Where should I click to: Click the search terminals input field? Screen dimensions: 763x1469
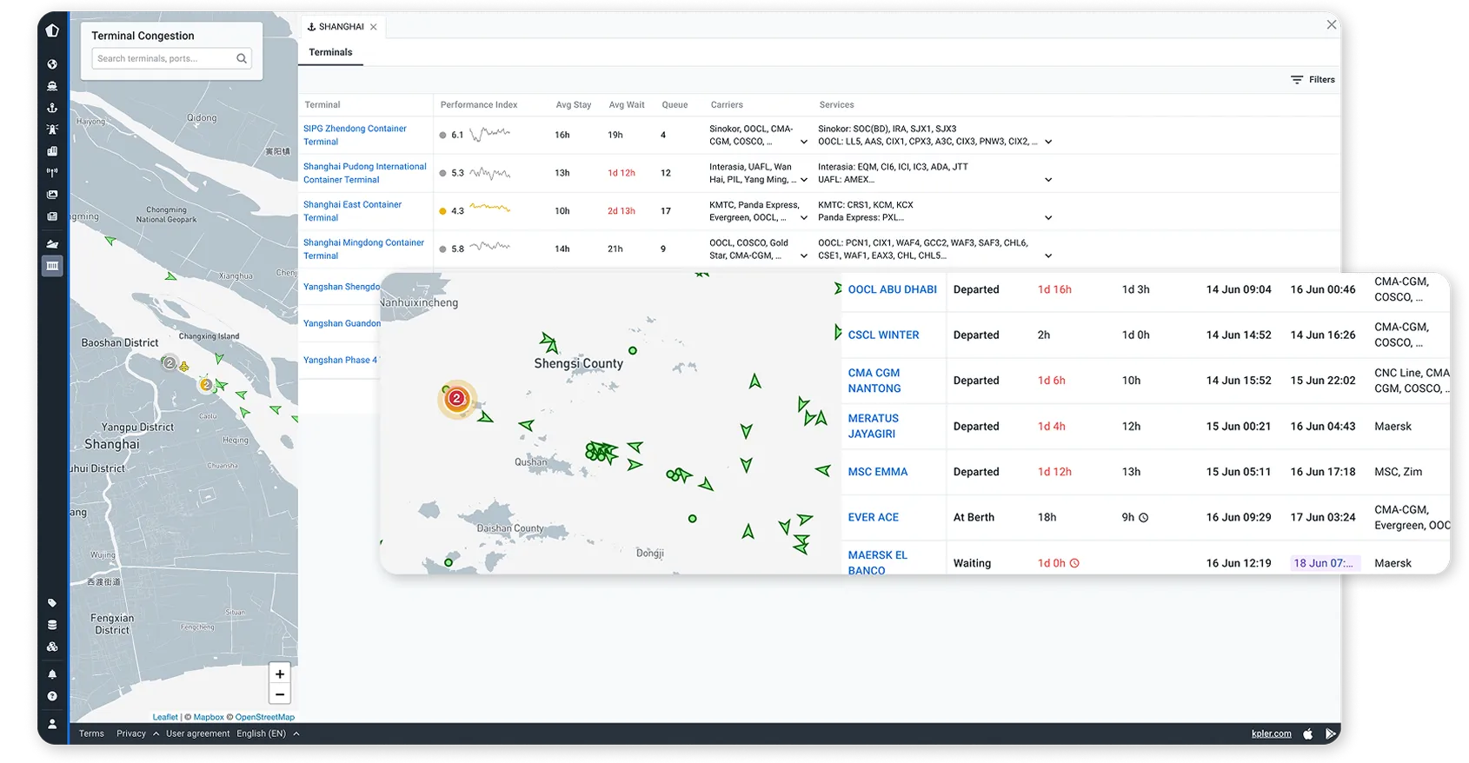coord(163,59)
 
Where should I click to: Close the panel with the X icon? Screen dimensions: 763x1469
coord(1331,25)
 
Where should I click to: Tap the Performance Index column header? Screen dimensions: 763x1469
coord(478,105)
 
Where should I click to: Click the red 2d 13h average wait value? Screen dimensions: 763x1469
coord(621,211)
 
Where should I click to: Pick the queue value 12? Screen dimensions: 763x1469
coord(666,173)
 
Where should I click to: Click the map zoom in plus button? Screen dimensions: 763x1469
coord(280,674)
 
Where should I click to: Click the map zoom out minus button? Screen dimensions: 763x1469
coord(280,694)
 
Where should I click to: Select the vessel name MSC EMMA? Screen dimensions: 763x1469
coord(877,472)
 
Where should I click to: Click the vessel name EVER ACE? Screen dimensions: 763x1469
coord(873,517)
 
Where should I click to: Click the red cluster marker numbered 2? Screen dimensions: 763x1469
coord(456,399)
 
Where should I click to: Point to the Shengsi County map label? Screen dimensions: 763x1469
coord(578,363)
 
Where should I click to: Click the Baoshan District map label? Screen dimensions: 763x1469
coord(120,343)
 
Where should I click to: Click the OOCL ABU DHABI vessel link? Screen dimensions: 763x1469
coord(892,289)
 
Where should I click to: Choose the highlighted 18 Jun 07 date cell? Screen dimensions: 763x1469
coord(1325,563)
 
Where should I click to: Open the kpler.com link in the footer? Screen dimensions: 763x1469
coord(1271,733)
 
